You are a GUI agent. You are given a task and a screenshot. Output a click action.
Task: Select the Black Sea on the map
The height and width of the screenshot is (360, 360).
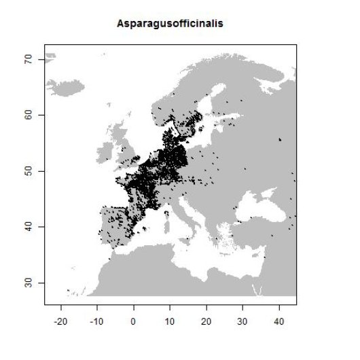[x=255, y=208]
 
